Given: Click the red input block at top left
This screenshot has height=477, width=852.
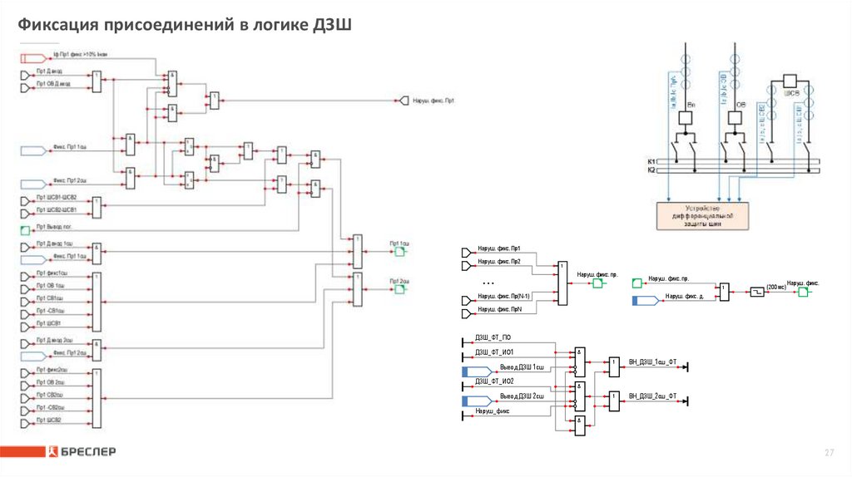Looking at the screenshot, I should point(33,57).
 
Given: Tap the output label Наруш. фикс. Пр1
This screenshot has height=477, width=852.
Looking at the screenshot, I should point(433,101).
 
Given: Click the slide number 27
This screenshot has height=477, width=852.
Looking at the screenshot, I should point(828,452).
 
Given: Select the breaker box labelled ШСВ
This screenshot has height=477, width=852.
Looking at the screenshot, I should point(791,81).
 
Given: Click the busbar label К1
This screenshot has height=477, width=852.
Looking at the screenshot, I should point(651,160).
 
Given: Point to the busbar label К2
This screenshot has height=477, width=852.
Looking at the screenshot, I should point(651,170).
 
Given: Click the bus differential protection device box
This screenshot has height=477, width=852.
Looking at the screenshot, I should point(702,215).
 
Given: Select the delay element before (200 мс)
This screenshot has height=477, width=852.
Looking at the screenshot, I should point(756,293).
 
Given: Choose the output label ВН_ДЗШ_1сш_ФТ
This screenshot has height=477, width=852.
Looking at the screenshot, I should point(653,362).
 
